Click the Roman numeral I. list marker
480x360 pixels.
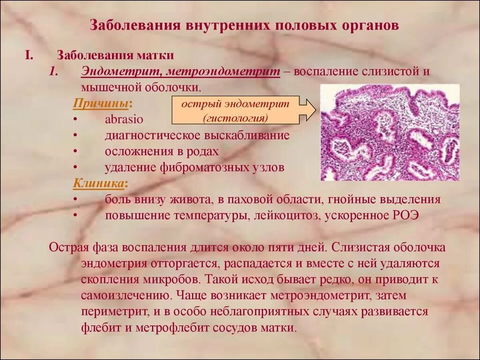point(29,55)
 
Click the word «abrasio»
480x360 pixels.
point(124,119)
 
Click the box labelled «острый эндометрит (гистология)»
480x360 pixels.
point(235,111)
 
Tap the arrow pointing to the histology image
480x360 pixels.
point(308,111)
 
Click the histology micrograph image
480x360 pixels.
point(390,132)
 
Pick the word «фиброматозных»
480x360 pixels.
point(207,167)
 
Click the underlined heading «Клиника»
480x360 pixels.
point(99,183)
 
